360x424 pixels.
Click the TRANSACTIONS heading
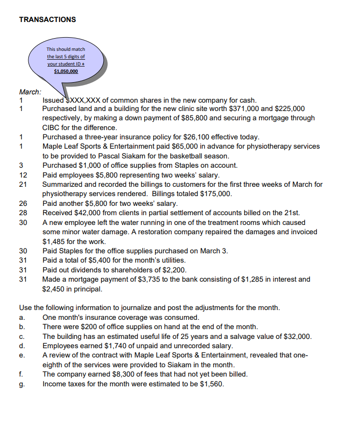47,20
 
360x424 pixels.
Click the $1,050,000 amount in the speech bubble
66,71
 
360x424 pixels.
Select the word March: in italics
30,91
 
